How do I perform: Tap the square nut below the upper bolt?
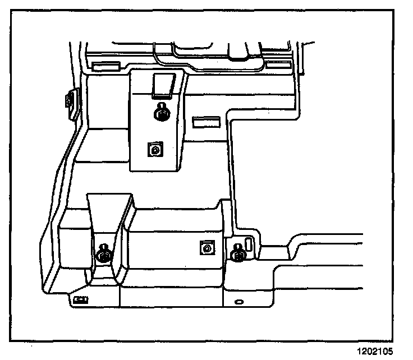[x=154, y=149]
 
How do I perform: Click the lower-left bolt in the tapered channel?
[x=103, y=255]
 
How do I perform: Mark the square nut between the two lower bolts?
[x=206, y=247]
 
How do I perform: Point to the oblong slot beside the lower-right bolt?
[x=249, y=243]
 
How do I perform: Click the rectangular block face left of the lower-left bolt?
[x=75, y=244]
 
